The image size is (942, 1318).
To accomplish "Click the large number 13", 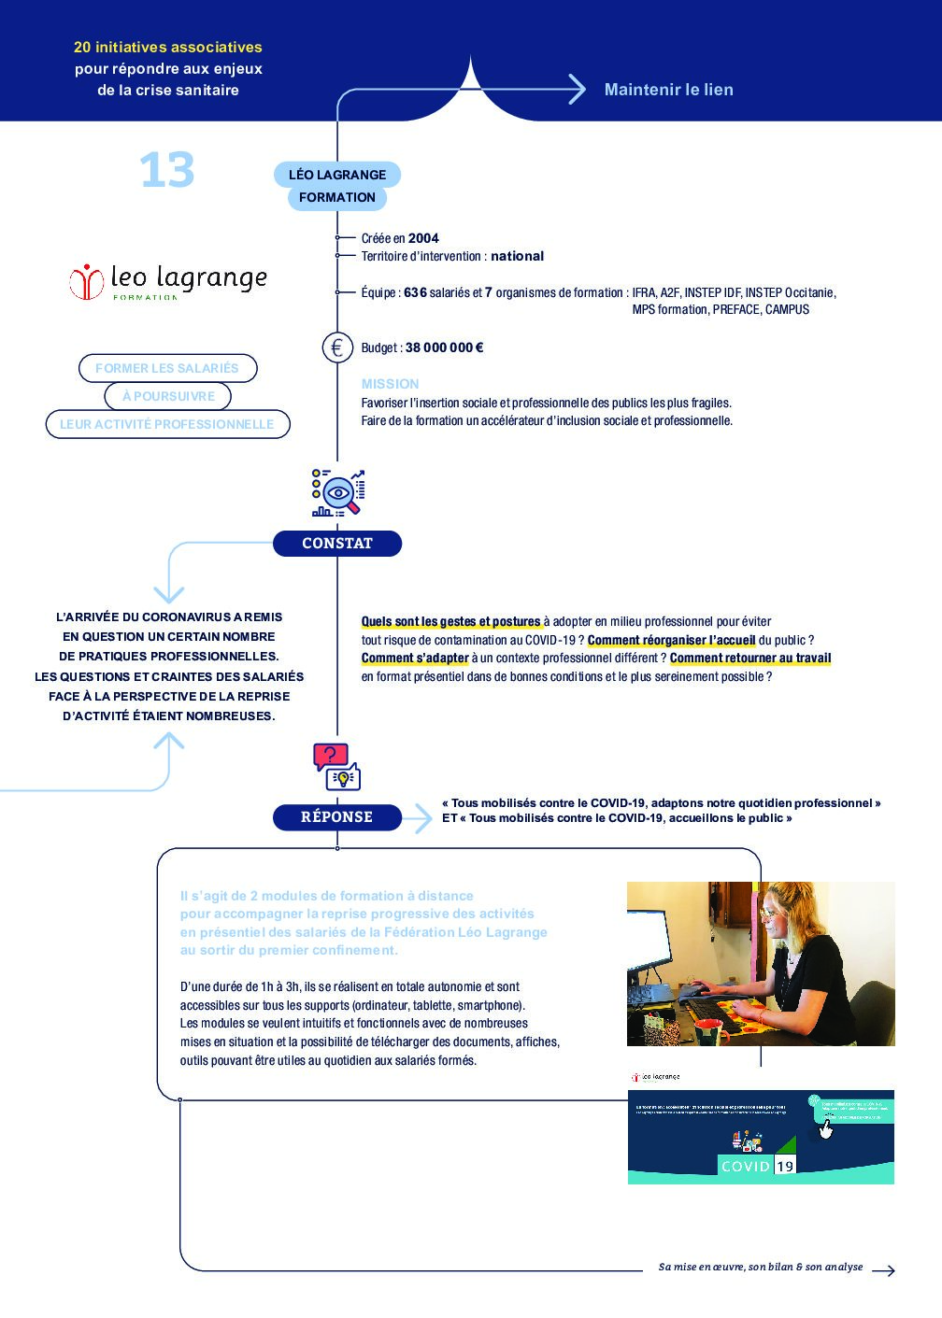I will [166, 171].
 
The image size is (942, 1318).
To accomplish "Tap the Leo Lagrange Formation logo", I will [168, 280].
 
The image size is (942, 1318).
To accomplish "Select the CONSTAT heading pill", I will [336, 544].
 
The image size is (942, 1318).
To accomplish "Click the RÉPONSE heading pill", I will [336, 817].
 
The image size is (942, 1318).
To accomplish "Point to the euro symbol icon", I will [337, 347].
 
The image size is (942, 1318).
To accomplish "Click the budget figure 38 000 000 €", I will [444, 347].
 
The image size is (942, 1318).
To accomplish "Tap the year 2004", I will [423, 238].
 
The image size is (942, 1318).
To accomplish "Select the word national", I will [517, 256].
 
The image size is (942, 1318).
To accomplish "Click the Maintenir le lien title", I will [668, 90].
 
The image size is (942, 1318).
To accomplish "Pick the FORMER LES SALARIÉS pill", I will [167, 368].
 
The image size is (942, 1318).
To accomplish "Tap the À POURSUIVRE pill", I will [168, 396].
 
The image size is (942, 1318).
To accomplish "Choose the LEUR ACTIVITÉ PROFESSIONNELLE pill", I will [167, 424].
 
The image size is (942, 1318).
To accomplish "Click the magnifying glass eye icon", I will [338, 492].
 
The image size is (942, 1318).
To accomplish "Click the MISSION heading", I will [390, 384].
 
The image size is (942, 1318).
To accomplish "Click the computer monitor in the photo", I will [662, 934].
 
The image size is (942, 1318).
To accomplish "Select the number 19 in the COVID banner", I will [785, 1166].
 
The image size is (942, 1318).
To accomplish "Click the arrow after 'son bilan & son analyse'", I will [883, 1269].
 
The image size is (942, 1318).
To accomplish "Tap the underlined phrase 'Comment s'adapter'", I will [415, 659].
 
